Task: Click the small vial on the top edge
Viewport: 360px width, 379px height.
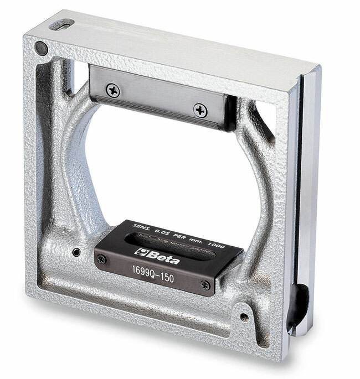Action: tap(61, 25)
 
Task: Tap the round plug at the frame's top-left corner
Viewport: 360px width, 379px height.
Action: tap(41, 48)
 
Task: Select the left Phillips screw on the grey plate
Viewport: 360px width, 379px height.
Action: tap(113, 90)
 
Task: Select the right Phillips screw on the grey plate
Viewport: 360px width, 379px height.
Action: tap(200, 111)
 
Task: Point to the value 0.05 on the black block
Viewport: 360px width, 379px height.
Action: tap(162, 232)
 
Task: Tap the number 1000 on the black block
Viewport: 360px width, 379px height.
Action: tap(217, 245)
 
